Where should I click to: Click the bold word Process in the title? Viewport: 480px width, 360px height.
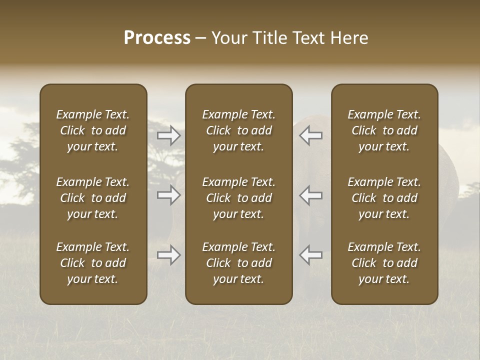pyautogui.click(x=157, y=38)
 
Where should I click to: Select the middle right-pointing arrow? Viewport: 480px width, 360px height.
pyautogui.click(x=169, y=195)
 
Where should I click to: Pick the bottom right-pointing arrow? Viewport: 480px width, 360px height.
pyautogui.click(x=169, y=255)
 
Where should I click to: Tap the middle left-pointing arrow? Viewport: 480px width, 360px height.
pyautogui.click(x=310, y=195)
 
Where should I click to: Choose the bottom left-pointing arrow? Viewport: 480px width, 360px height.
pyautogui.click(x=310, y=255)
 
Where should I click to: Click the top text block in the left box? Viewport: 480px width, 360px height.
pyautogui.click(x=93, y=130)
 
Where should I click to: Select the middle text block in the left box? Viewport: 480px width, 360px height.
pyautogui.click(x=93, y=198)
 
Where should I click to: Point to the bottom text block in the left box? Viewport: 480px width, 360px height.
pyautogui.click(x=93, y=263)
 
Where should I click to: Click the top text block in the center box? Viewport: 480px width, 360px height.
pyautogui.click(x=238, y=130)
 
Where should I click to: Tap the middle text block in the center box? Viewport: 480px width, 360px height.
pyautogui.click(x=238, y=198)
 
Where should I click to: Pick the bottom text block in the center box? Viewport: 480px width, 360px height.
pyautogui.click(x=238, y=263)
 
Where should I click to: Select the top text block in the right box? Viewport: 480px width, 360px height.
pyautogui.click(x=384, y=130)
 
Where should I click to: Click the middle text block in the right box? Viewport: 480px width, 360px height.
pyautogui.click(x=384, y=198)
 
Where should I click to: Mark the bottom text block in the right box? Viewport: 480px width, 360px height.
pyautogui.click(x=384, y=263)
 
